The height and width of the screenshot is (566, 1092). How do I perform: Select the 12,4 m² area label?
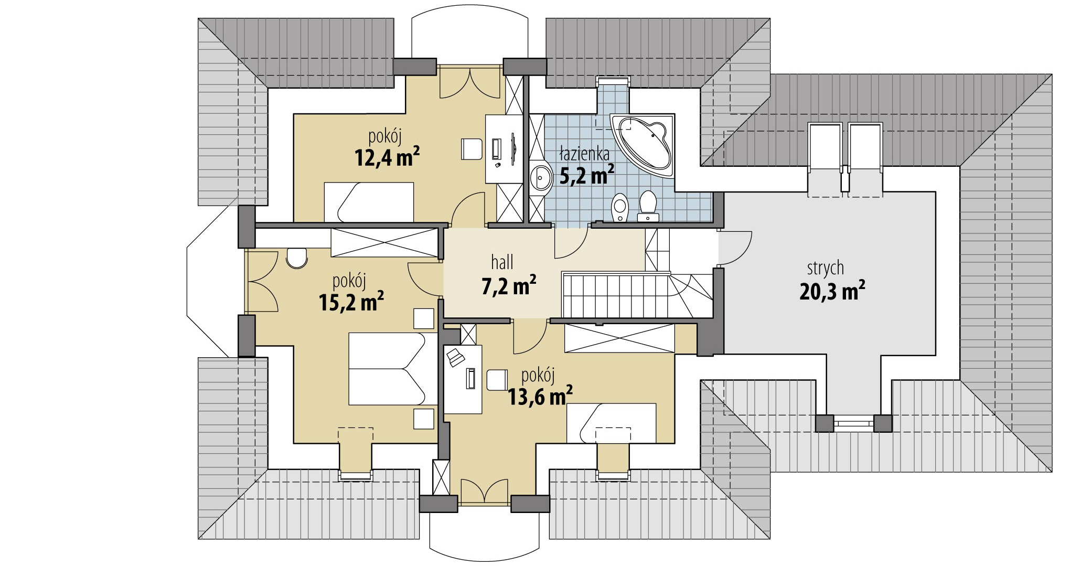click(387, 157)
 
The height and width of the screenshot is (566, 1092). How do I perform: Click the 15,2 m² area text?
click(351, 302)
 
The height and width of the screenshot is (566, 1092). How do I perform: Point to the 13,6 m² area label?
click(540, 396)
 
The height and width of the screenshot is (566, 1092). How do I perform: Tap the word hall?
click(502, 262)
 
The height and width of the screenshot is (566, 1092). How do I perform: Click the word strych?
click(826, 268)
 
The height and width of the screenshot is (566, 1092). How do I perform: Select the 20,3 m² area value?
click(832, 291)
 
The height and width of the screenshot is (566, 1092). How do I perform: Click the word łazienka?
click(584, 154)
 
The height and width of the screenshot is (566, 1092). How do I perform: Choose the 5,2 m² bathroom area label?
click(587, 175)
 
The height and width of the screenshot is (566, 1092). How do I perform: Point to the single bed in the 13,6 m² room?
click(612, 423)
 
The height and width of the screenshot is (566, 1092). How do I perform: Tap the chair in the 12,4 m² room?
click(472, 149)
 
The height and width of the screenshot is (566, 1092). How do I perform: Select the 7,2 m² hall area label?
click(509, 286)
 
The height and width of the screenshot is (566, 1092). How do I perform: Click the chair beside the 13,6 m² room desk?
click(497, 380)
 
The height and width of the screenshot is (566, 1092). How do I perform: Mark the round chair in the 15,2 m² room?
click(296, 258)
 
